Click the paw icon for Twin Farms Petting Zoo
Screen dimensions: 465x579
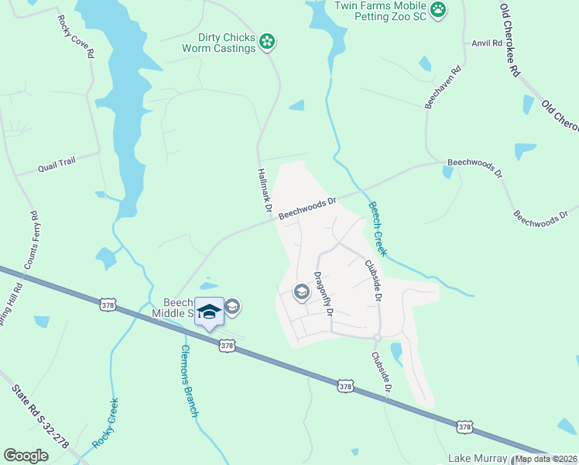click(x=439, y=10)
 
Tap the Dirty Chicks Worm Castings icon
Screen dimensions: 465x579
click(x=268, y=41)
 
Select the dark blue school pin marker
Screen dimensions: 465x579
click(x=209, y=312)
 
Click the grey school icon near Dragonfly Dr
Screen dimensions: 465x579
click(x=301, y=292)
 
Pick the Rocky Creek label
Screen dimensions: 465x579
click(x=105, y=422)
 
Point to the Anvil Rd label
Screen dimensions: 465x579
click(x=487, y=44)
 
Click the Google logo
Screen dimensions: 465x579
click(x=26, y=456)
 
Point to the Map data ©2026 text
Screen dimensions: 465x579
click(x=546, y=459)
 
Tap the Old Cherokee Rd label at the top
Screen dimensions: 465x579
click(x=509, y=39)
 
